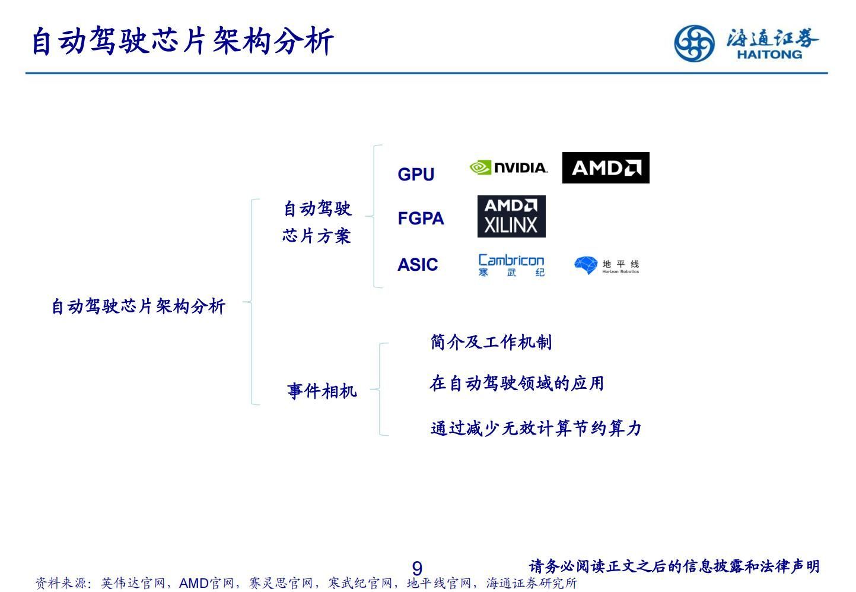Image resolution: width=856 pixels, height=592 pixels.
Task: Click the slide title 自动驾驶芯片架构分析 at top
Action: (x=182, y=42)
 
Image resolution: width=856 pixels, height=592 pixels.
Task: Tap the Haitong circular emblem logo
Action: (x=693, y=43)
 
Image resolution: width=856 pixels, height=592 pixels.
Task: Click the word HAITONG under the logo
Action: (x=769, y=55)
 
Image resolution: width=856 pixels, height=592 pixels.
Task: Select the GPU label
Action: (x=416, y=175)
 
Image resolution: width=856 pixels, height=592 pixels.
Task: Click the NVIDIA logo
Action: (x=508, y=168)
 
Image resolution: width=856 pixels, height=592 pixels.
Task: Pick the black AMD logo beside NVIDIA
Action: (x=605, y=168)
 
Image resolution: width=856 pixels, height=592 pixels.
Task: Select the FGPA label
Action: (x=421, y=219)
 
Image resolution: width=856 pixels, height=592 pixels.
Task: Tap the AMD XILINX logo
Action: (x=511, y=216)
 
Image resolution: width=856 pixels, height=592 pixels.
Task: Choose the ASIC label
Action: (x=418, y=265)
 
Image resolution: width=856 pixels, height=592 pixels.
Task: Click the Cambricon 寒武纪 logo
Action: (x=511, y=265)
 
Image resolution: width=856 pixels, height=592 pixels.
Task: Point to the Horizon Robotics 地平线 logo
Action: (x=606, y=265)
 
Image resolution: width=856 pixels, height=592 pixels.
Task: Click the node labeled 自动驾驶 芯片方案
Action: (x=317, y=222)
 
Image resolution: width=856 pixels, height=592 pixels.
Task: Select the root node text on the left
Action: (x=138, y=306)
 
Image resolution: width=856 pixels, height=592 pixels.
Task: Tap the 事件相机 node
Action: (x=322, y=391)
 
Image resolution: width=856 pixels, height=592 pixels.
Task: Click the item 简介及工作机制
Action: (x=491, y=342)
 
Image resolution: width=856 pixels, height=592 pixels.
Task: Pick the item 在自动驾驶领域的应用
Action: (x=516, y=384)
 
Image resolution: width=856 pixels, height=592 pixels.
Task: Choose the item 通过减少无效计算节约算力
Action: (x=536, y=428)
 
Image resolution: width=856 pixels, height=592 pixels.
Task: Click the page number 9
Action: (x=417, y=568)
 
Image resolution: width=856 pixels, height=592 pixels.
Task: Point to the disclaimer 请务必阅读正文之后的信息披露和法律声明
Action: (x=674, y=566)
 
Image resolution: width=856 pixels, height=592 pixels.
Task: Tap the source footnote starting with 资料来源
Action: (x=306, y=583)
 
